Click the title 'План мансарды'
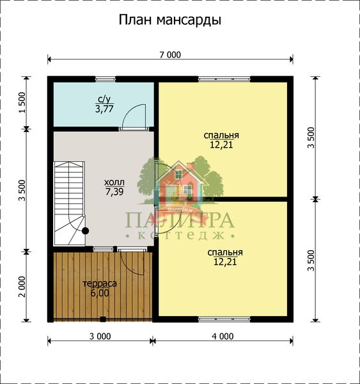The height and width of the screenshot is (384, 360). pyautogui.click(x=170, y=20)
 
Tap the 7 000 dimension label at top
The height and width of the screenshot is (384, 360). pyautogui.click(x=170, y=55)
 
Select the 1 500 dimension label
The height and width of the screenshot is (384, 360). pyautogui.click(x=22, y=102)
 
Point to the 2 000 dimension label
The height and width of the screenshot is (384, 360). pyautogui.click(x=22, y=287)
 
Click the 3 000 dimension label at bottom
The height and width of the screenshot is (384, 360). pyautogui.click(x=100, y=337)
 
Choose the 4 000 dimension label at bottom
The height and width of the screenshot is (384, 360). pyautogui.click(x=223, y=337)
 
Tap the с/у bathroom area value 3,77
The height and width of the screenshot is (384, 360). pyautogui.click(x=104, y=109)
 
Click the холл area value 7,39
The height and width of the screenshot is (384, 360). pyautogui.click(x=114, y=192)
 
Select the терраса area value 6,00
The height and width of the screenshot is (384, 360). pyautogui.click(x=100, y=293)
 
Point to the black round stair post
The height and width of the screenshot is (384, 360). pyautogui.click(x=85, y=230)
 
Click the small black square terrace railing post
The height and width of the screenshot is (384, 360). pyautogui.click(x=103, y=319)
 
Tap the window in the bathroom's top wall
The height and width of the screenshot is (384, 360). pyautogui.click(x=106, y=79)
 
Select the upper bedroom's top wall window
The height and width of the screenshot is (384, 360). pyautogui.click(x=224, y=79)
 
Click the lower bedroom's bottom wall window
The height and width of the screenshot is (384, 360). pyautogui.click(x=224, y=319)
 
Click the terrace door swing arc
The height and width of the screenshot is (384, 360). pyautogui.click(x=127, y=267)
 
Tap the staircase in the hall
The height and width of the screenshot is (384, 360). pyautogui.click(x=69, y=203)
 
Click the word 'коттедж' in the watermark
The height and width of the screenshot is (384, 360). pyautogui.click(x=180, y=236)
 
